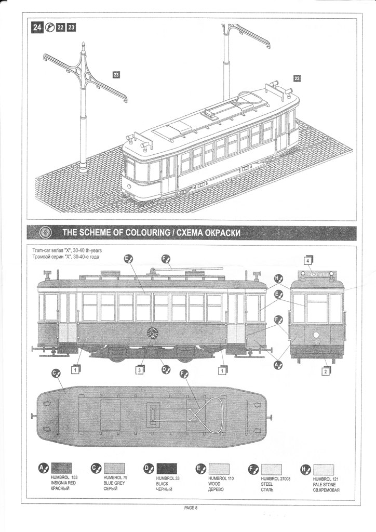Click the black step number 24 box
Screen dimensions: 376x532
[x=37, y=28]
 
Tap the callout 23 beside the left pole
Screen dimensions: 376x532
[x=116, y=75]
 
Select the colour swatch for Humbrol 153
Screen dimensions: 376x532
[x=62, y=469]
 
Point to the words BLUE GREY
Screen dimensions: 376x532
[x=114, y=483]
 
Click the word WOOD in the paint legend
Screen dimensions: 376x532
[x=214, y=483]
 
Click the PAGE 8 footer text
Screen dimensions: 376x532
[x=191, y=508]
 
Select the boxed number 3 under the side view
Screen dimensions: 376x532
[x=140, y=370]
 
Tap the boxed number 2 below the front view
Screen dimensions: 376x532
[x=326, y=371]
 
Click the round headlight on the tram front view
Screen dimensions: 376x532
[x=316, y=335]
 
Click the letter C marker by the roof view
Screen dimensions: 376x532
[x=57, y=373]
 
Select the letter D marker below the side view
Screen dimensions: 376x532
[x=165, y=369]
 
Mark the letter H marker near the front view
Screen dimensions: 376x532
[x=278, y=278]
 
